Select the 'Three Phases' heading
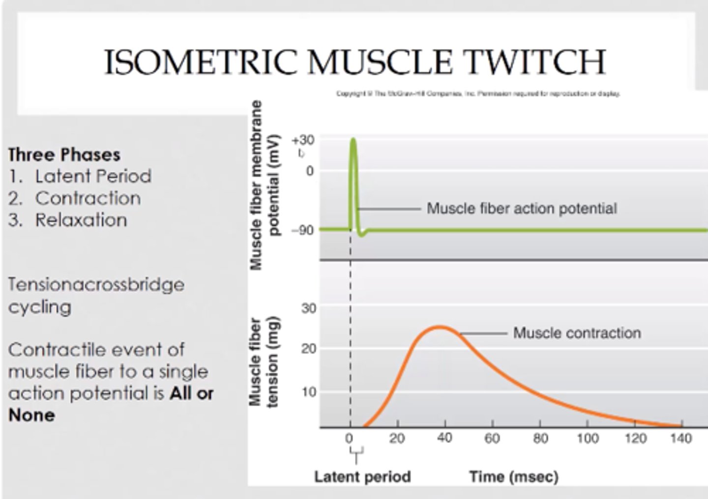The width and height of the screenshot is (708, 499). pyautogui.click(x=64, y=155)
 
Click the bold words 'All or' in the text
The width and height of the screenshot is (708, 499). pyautogui.click(x=192, y=393)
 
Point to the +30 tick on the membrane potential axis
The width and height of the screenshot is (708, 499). pyautogui.click(x=303, y=140)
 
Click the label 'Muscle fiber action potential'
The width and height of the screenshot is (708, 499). pyautogui.click(x=522, y=209)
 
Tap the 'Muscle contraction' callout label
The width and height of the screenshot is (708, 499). pyautogui.click(x=577, y=333)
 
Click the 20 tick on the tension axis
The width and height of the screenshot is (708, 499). pyautogui.click(x=309, y=349)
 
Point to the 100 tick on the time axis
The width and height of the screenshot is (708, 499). pyautogui.click(x=588, y=438)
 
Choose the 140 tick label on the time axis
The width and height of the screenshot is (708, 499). pyautogui.click(x=681, y=438)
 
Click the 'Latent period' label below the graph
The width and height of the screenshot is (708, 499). pyautogui.click(x=362, y=476)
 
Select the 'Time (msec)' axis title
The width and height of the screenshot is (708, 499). pyautogui.click(x=513, y=476)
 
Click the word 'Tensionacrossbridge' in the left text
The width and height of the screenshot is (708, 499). pyautogui.click(x=96, y=285)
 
